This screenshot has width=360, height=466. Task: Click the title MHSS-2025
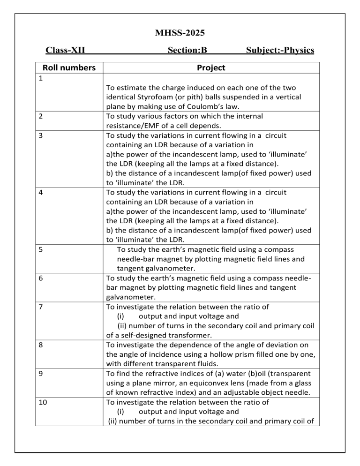(180, 33)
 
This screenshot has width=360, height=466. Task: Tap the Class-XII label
(65, 50)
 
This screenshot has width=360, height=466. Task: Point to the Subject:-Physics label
(280, 50)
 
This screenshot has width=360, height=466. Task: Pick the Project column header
(211, 68)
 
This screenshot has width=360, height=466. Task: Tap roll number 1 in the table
(41, 79)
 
